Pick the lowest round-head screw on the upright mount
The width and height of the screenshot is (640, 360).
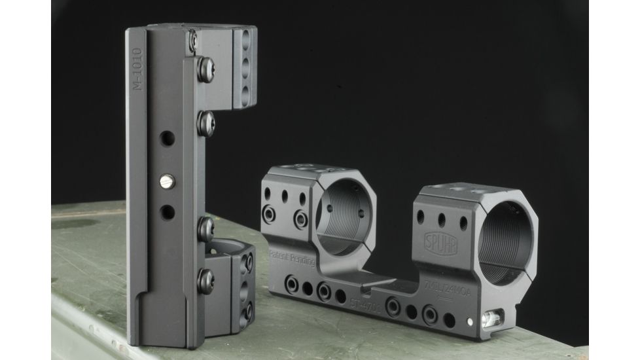204,278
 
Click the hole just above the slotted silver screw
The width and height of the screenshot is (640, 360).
168,139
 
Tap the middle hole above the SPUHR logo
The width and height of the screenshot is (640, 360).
442,219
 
